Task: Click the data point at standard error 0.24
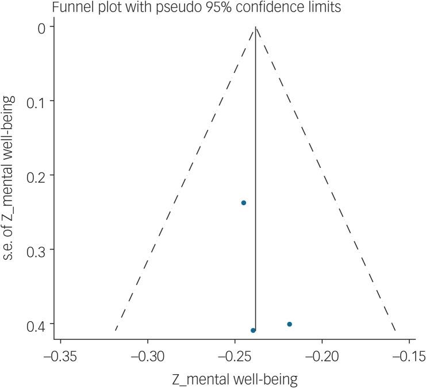[244, 203]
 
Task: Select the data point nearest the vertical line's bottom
[253, 330]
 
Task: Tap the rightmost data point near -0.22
[289, 324]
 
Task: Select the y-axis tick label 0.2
[29, 175]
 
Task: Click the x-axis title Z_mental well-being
[235, 379]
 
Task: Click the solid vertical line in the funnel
[256, 172]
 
